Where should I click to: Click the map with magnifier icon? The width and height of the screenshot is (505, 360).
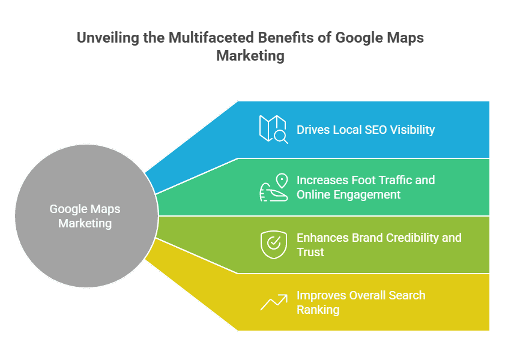(x=273, y=129)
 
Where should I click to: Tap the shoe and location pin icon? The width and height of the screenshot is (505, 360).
(x=273, y=187)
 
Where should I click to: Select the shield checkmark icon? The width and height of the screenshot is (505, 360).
(x=273, y=245)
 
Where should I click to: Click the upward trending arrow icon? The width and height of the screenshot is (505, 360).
(x=273, y=302)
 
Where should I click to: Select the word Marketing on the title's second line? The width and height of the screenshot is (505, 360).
(x=250, y=56)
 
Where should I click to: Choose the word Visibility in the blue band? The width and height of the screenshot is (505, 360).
(x=414, y=130)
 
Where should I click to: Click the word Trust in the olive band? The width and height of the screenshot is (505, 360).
(x=310, y=252)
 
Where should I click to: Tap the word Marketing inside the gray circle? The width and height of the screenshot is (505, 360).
(x=85, y=223)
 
